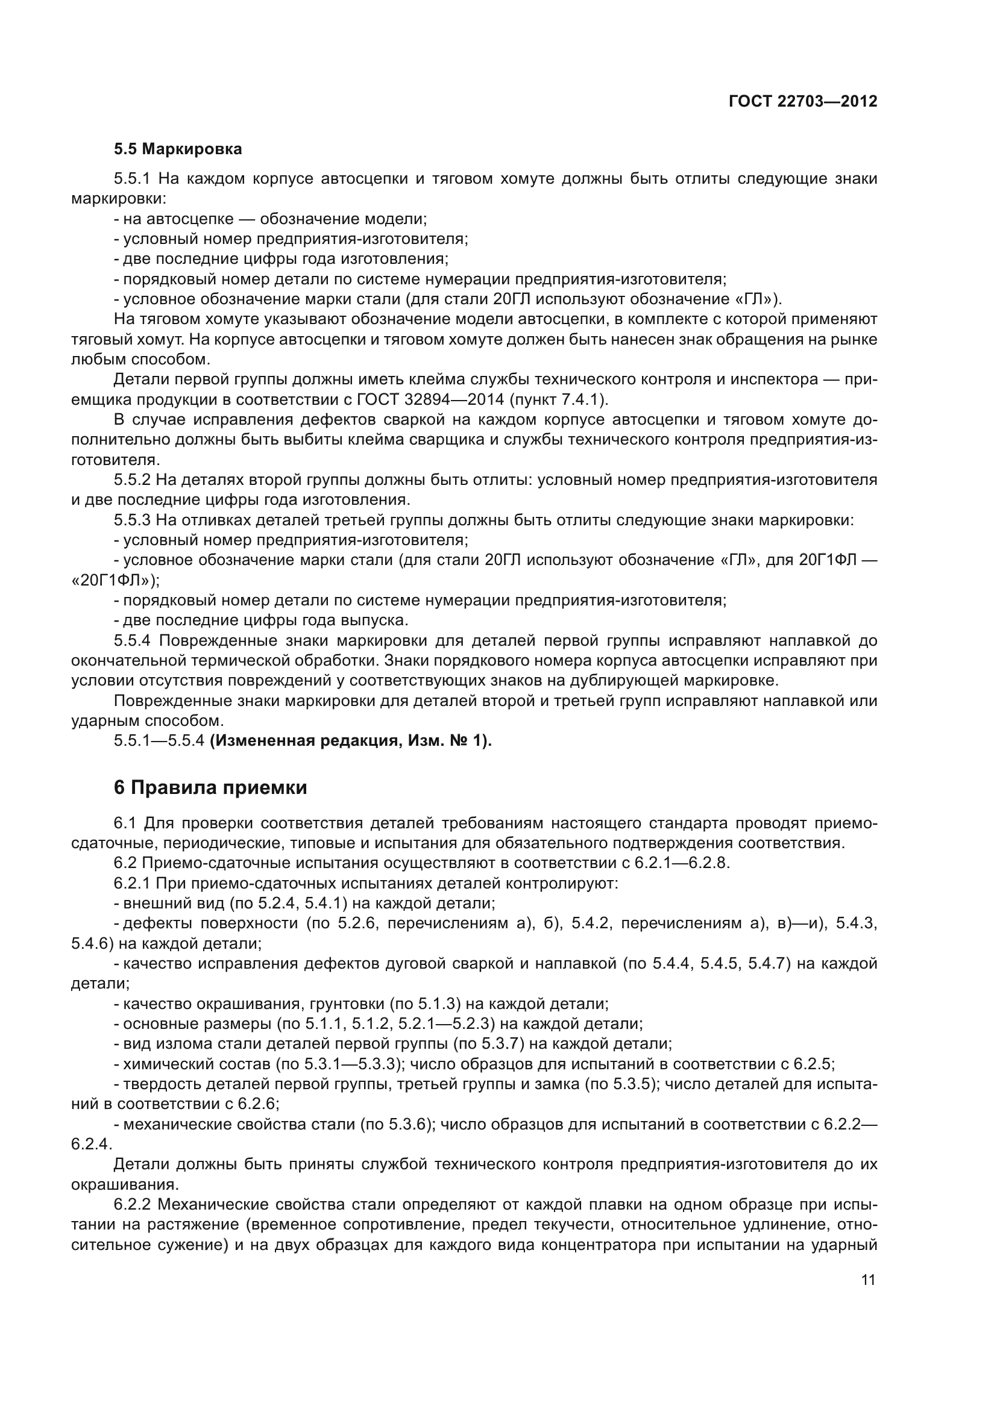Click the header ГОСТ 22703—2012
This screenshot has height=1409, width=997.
[802, 101]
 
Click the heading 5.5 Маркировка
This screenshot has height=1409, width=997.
[177, 149]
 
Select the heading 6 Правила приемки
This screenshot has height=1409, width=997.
[210, 787]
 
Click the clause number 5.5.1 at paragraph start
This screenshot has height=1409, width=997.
[131, 179]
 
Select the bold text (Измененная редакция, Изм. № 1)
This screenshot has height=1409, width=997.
[351, 741]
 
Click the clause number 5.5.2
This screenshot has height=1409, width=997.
[131, 480]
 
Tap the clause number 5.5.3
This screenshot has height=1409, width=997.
[131, 520]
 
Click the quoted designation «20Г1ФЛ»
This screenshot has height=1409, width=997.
[115, 581]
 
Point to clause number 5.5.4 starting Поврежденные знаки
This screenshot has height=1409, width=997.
[131, 641]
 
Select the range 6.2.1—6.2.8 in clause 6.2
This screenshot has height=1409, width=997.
[682, 863]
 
